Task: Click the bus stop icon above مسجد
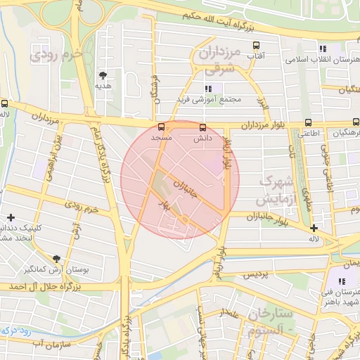pos(162,127)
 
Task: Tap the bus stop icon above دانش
pos(203,127)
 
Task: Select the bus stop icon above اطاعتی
pos(308,120)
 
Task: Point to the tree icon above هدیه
pos(103,74)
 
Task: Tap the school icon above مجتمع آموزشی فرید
pos(207,89)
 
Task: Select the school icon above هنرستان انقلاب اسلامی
pos(323,49)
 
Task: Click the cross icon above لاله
pos(314,227)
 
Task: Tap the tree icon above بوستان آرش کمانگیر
pos(56,258)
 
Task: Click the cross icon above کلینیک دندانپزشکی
pos(11,218)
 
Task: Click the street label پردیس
pos(257,276)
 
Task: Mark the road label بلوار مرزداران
pos(261,125)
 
